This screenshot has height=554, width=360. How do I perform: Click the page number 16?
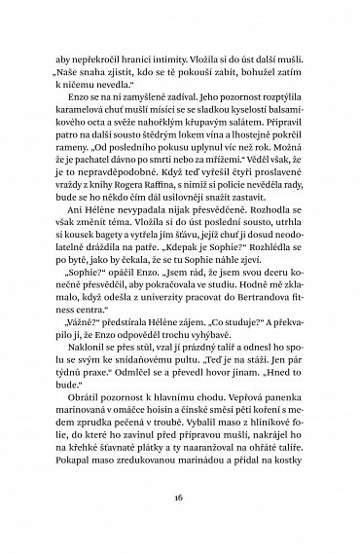tap(180, 495)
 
